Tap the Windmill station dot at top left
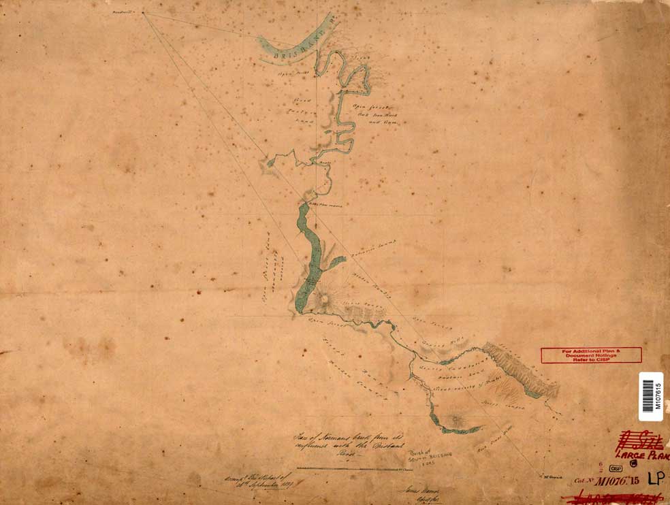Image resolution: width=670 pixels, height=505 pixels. [143, 12]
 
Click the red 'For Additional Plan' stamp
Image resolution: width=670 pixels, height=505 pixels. [591, 355]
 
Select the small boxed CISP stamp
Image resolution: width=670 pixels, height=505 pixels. [616, 469]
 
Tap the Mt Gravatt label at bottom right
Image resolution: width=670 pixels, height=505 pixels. [548, 476]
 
